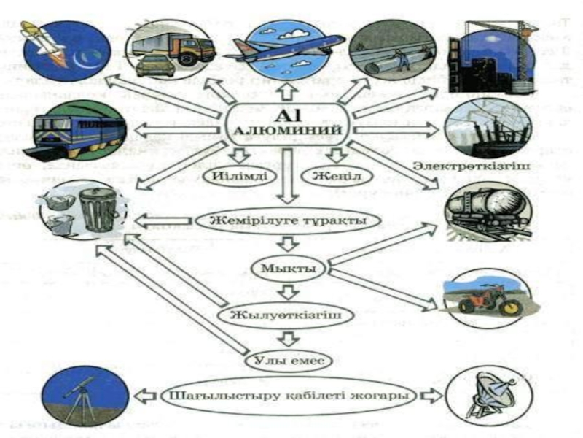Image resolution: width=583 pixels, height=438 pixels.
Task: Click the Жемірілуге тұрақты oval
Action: [289, 220]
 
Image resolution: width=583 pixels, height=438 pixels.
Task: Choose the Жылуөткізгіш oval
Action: [289, 315]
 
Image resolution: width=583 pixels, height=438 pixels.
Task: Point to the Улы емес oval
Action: [289, 359]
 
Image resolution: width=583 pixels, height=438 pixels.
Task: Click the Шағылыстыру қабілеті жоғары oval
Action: [289, 396]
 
